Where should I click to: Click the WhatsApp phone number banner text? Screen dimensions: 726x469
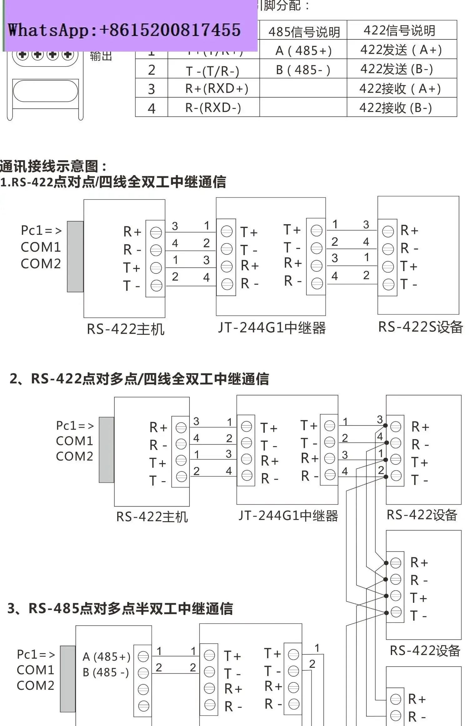point(124,30)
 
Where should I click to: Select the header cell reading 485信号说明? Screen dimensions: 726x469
point(304,32)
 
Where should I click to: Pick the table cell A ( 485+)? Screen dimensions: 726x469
point(303,51)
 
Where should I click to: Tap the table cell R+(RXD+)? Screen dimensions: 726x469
point(216,89)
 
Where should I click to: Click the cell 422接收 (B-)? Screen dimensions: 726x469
point(396,108)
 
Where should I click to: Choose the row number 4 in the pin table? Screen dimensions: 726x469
point(152,108)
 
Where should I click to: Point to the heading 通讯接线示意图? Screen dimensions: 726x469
point(53,166)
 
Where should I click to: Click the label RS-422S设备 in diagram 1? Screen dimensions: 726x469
point(420,327)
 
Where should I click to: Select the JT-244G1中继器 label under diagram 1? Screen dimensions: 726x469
point(272,328)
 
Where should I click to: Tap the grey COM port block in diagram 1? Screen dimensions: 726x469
point(75,257)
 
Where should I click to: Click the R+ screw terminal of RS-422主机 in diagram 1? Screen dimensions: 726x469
point(156,232)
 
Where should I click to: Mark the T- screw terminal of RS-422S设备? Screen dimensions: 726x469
point(388,285)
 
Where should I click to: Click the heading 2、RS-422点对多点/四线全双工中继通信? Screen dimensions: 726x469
point(139,379)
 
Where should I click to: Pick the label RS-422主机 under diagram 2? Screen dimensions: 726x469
point(152,517)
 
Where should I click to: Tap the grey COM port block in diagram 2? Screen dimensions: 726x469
point(106,450)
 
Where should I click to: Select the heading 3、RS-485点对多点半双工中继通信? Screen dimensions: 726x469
point(120,609)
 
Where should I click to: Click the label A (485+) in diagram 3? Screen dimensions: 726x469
point(106,657)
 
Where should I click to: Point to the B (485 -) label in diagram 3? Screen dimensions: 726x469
point(106,673)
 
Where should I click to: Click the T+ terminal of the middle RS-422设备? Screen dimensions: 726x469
point(396,596)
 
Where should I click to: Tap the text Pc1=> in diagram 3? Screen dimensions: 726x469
point(36,654)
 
